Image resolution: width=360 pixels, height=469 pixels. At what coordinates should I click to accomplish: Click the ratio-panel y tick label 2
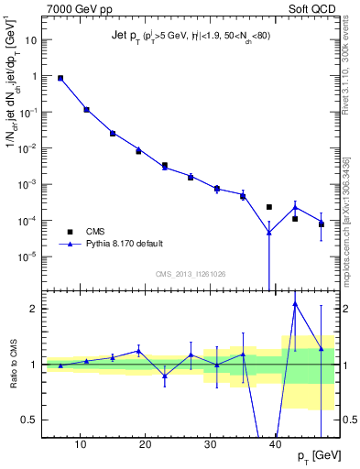(35, 309)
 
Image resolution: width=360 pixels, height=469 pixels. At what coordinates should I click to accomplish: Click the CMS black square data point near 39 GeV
(269, 207)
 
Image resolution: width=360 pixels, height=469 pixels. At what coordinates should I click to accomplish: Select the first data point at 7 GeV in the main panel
(60, 79)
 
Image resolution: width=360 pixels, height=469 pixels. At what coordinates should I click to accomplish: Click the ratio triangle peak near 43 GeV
(295, 303)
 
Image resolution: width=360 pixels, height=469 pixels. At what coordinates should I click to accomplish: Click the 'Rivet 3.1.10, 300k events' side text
(344, 64)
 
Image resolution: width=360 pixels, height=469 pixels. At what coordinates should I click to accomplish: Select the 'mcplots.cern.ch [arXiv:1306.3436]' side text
(344, 202)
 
